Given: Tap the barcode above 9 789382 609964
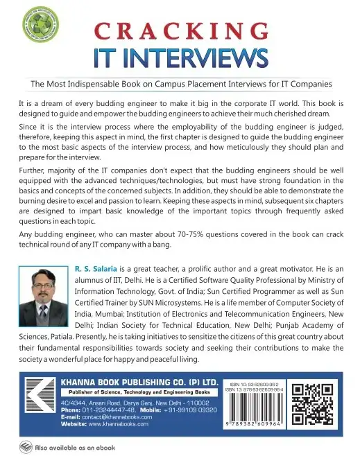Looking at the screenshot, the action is (x=256, y=414).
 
